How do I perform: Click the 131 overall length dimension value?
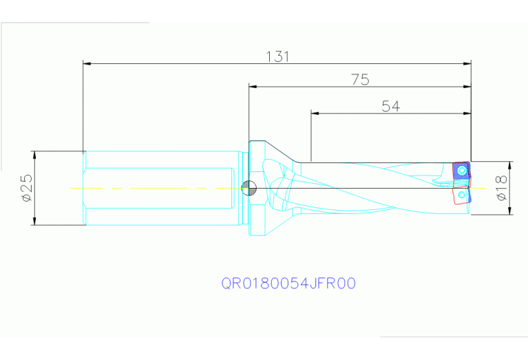(277, 56)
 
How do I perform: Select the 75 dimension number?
(360, 80)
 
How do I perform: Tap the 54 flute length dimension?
(390, 105)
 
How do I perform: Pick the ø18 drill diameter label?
(501, 188)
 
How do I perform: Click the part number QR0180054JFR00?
(288, 283)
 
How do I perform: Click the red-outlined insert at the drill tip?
(461, 195)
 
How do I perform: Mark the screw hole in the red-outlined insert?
(463, 196)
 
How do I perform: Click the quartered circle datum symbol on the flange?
(249, 187)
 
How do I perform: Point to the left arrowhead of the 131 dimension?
(87, 64)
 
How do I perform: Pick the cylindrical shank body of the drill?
(158, 187)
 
